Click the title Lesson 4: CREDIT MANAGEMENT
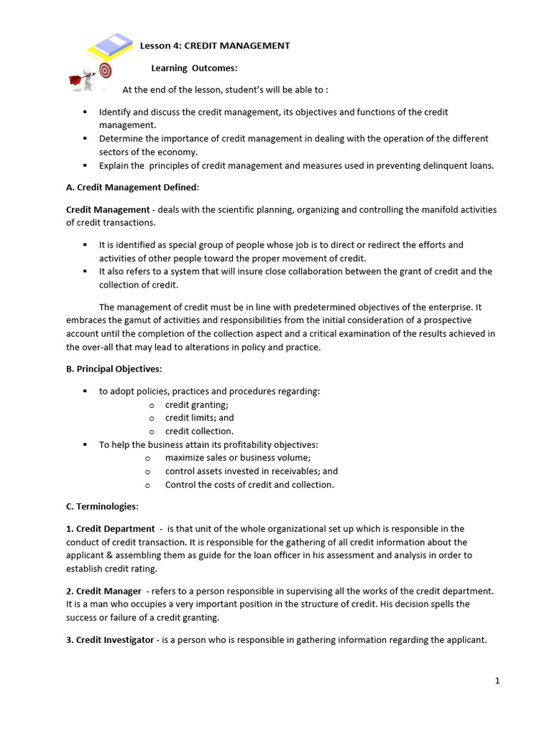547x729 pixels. click(x=214, y=46)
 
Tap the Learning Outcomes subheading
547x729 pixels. click(x=194, y=68)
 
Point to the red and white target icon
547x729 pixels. click(x=105, y=70)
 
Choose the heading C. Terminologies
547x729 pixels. click(x=103, y=506)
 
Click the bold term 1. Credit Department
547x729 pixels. click(x=110, y=529)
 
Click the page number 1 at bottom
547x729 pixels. click(x=497, y=681)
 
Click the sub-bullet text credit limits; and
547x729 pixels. click(x=199, y=418)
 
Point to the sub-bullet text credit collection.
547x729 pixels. click(x=199, y=431)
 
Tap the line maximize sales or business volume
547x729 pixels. click(x=238, y=458)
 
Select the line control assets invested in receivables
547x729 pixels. click(x=251, y=471)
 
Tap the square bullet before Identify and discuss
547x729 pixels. click(x=84, y=112)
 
